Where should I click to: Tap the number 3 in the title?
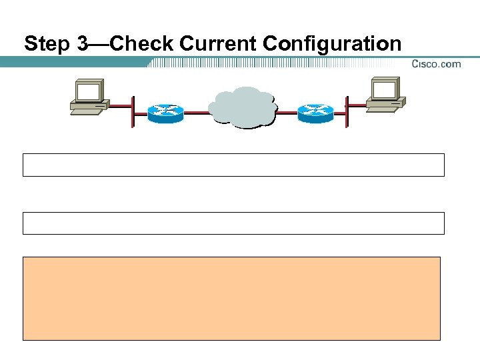[x=82, y=44]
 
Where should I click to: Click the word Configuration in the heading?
[x=332, y=44]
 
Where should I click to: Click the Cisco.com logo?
[x=436, y=64]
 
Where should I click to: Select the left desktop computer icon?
[x=89, y=97]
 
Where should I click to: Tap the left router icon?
[x=165, y=113]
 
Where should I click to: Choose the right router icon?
[x=315, y=113]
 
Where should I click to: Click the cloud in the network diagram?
[x=241, y=107]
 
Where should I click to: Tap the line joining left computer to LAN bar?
[x=120, y=105]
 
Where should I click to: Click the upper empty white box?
[x=233, y=165]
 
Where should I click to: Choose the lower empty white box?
[x=233, y=223]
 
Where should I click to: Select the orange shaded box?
[x=232, y=298]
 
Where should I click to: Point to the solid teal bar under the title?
[x=73, y=62]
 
